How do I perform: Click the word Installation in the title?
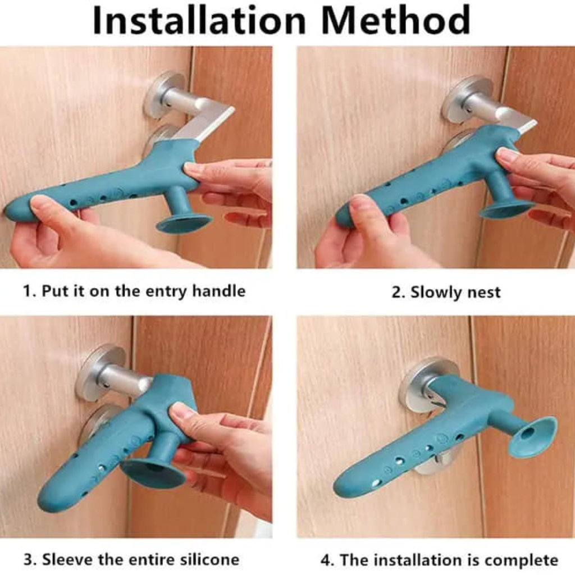199,20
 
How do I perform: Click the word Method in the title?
396,20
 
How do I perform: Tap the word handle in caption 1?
219,291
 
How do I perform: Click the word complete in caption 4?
522,560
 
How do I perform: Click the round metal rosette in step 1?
164,94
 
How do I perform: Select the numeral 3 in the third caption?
28,560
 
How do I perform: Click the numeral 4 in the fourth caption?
325,561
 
